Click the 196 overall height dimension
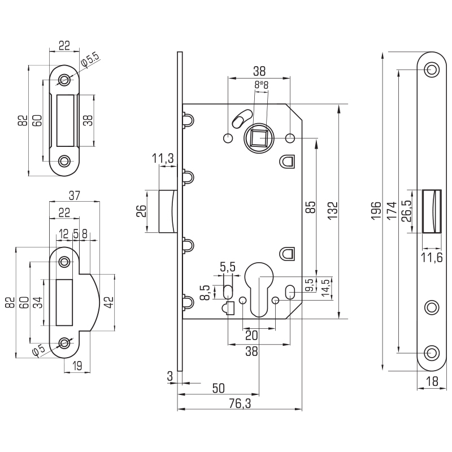pos(376,210)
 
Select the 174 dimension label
pos(392,210)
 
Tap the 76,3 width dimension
pos(240,403)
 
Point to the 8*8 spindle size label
pos(261,85)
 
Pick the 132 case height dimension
pos(333,210)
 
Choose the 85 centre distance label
pos(311,207)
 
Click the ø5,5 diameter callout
pos(90,60)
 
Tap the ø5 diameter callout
pos(39,350)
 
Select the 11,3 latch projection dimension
pos(163,158)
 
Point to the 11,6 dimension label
pos(432,258)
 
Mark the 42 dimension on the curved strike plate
pos(109,302)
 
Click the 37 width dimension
pos(75,195)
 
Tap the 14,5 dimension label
pos(325,288)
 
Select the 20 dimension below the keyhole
pos(251,335)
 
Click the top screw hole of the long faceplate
pos(432,69)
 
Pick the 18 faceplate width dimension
pos(432,381)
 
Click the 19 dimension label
pos(77,366)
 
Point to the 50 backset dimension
pos(218,388)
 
